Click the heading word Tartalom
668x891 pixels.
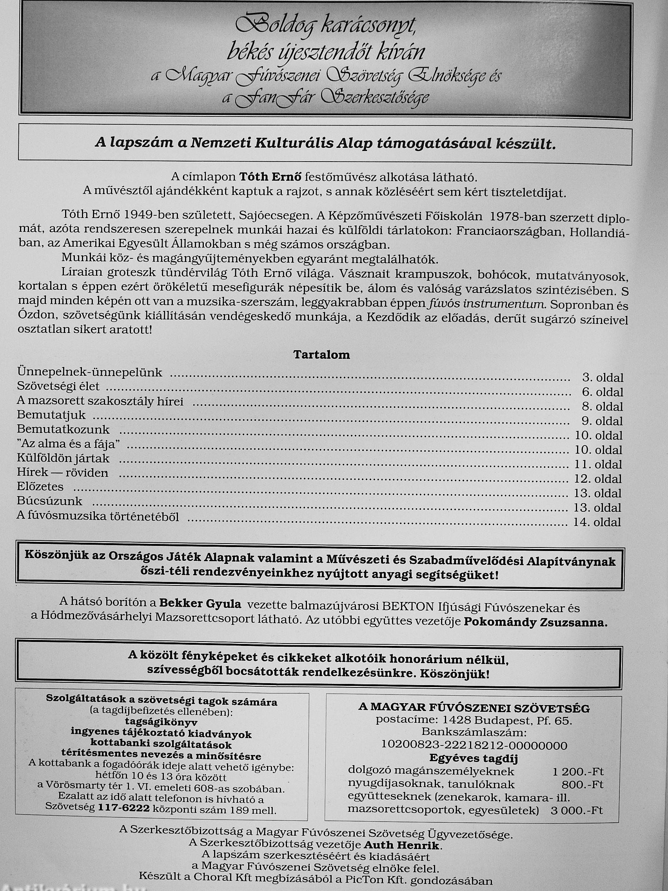[321, 355]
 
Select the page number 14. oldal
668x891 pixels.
[597, 522]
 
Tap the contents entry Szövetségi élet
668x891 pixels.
[58, 386]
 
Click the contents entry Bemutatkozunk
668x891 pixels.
[63, 429]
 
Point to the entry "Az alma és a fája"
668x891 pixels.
[69, 444]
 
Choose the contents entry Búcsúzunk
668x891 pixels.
[49, 502]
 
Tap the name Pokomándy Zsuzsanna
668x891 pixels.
[535, 622]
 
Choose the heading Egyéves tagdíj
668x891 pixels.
[473, 758]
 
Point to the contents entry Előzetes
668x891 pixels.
[40, 487]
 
